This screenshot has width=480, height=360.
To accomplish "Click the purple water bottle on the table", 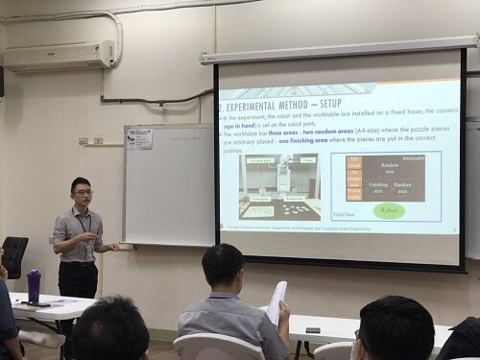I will [x=35, y=285].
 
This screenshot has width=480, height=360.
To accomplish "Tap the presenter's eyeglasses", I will [x=84, y=192].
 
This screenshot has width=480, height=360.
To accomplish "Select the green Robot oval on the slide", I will [x=389, y=211].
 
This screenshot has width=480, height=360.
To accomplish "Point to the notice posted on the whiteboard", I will [x=139, y=139].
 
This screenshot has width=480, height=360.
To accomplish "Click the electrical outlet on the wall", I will [x=97, y=141].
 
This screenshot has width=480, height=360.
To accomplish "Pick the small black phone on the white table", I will [x=312, y=329].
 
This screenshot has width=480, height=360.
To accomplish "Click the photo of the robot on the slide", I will [x=279, y=184].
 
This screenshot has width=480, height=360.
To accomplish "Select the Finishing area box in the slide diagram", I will [x=378, y=185].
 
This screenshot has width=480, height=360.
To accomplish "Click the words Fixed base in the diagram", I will [x=345, y=214].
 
